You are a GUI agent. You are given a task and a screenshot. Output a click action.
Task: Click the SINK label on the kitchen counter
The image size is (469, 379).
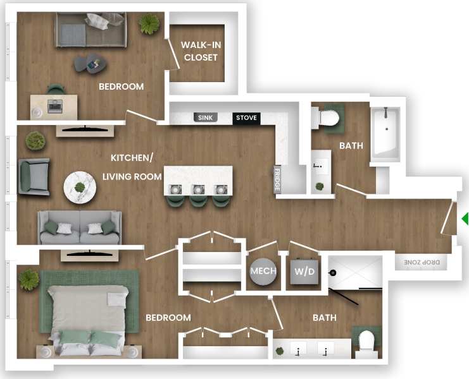(x=205, y=117)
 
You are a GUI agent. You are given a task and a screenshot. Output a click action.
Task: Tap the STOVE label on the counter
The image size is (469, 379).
(x=246, y=117)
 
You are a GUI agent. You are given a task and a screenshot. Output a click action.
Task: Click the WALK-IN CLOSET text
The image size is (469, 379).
(x=200, y=51)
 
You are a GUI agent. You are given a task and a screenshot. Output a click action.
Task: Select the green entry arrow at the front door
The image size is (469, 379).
(x=465, y=219)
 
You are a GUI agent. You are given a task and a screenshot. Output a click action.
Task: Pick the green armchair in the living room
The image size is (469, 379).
(x=34, y=177)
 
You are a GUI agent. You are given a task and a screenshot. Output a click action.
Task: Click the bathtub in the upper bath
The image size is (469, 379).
(x=385, y=133)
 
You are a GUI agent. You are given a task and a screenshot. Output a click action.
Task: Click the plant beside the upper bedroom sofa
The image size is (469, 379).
(x=149, y=25)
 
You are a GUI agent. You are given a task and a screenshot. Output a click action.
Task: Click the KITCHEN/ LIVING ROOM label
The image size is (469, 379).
(x=132, y=167)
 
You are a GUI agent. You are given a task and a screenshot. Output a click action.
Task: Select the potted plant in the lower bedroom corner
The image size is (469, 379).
(x=28, y=279)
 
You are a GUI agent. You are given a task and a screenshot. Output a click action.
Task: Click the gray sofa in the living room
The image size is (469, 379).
(x=79, y=227)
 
